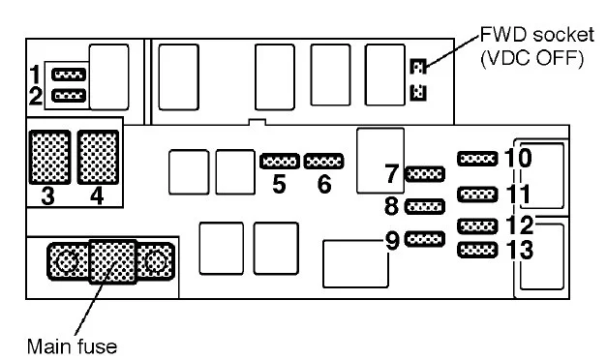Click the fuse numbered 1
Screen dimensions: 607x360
[69, 75]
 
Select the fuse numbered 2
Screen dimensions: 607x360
[69, 95]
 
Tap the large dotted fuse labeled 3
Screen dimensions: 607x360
[50, 157]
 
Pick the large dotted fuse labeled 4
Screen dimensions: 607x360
[98, 157]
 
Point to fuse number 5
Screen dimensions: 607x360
[280, 161]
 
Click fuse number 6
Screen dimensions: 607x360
[323, 161]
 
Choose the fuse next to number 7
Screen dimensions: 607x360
[425, 174]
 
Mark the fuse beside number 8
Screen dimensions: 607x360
[425, 207]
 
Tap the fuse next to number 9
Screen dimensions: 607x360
[425, 239]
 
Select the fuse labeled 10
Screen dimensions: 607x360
[477, 159]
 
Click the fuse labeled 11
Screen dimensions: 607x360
[477, 195]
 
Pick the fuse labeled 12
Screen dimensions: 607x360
[477, 226]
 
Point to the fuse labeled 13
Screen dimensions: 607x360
[477, 250]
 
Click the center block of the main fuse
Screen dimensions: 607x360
[112, 261]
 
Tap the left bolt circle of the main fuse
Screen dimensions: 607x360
[68, 261]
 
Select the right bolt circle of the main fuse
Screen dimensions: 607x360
[156, 262]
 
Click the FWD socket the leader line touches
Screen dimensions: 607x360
[418, 67]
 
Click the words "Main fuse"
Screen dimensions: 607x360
[72, 346]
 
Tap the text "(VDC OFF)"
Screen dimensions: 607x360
[532, 58]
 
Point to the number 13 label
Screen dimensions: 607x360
[520, 250]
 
